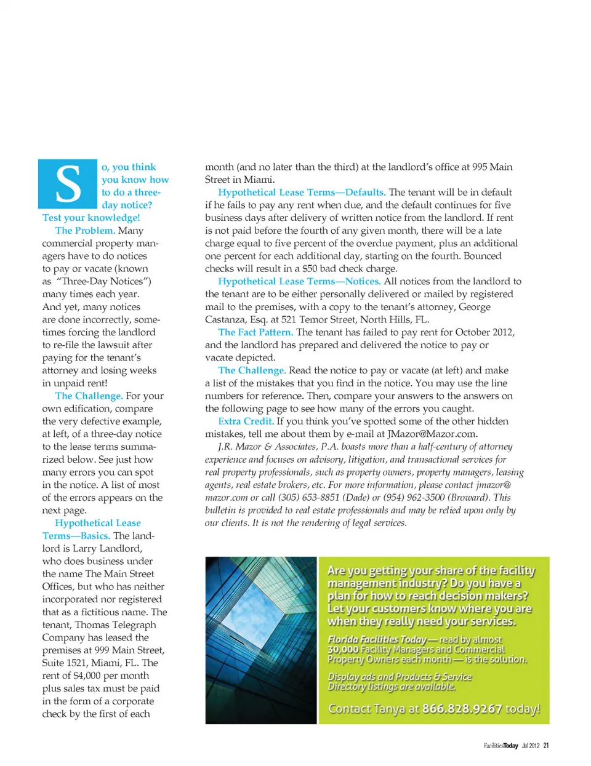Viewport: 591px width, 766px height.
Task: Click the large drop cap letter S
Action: point(68,184)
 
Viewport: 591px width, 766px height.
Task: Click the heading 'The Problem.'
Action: point(84,231)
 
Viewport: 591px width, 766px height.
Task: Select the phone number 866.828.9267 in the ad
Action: point(462,709)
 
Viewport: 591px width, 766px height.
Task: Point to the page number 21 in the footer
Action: point(546,746)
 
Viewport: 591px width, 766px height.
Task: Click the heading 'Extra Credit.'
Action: point(246,421)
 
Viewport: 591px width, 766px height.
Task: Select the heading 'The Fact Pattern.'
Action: point(255,332)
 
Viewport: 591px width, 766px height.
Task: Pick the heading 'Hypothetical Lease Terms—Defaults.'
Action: point(302,193)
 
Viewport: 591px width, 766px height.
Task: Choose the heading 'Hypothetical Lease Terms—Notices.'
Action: point(299,281)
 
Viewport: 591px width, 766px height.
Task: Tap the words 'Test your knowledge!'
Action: point(91,218)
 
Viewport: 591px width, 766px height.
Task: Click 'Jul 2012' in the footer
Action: point(530,746)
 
